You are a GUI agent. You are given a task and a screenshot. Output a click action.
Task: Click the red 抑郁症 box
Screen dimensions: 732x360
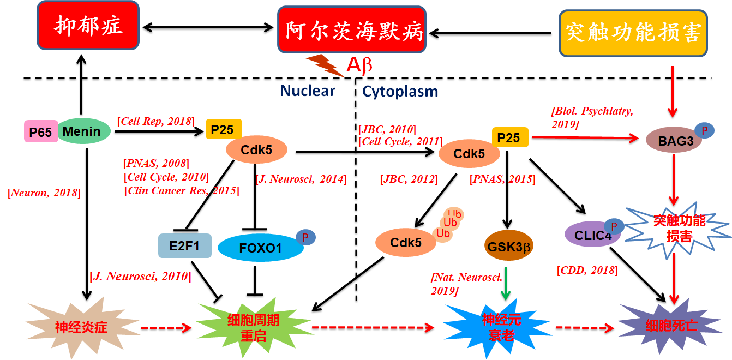88,25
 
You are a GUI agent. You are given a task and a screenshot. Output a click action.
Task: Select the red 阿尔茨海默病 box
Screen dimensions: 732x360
352,29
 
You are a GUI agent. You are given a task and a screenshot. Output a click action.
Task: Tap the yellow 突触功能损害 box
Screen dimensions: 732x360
633,33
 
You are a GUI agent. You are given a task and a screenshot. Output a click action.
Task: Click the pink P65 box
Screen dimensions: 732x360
41,131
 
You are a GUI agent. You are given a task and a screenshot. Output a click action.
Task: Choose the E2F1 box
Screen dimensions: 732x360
184,245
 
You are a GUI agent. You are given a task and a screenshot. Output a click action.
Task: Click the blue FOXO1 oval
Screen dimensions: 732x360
260,248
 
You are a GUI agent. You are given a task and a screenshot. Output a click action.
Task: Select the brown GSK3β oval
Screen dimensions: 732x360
508,245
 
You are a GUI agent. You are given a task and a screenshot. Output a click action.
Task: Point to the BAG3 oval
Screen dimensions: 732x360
674,140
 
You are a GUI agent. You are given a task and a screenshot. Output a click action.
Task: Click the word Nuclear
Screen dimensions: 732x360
308,91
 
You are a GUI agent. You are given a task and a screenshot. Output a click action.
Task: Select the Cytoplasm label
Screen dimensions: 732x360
400,92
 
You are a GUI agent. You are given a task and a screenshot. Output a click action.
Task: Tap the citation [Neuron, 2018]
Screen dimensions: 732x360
44,193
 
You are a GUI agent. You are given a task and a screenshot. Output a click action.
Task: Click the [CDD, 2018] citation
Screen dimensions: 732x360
587,270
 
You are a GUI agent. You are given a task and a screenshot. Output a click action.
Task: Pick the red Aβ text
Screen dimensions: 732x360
359,65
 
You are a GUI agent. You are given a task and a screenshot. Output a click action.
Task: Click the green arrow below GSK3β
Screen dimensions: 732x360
506,284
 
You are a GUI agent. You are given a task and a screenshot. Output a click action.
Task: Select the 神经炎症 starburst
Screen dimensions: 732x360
81,327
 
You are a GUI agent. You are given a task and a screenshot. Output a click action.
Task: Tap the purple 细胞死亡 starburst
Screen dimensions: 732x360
670,326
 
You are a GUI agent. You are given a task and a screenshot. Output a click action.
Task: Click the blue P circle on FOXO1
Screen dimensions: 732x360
305,237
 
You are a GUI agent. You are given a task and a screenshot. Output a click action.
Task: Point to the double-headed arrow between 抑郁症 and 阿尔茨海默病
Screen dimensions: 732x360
208,27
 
